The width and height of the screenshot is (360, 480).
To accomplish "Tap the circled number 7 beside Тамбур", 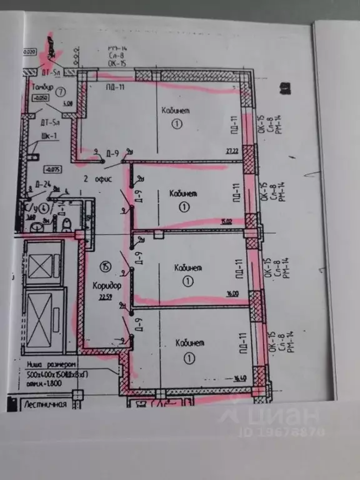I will [61, 91].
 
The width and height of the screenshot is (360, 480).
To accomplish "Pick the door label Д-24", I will [43, 184].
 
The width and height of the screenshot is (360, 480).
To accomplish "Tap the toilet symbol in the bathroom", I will [66, 223].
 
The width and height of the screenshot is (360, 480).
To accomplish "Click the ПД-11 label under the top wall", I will [115, 86].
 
